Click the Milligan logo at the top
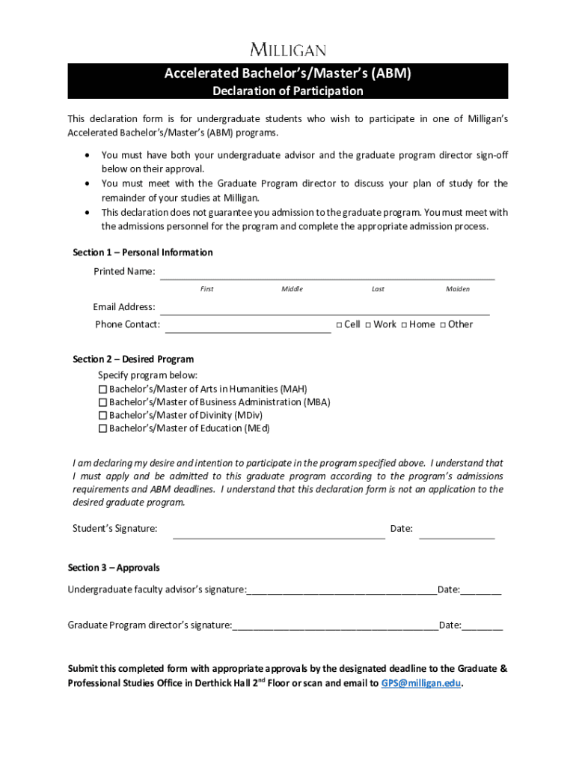pos(288,50)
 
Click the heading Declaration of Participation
pos(288,91)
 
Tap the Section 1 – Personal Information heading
pos(142,252)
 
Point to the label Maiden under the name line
pos(457,289)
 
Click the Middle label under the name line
pos(292,289)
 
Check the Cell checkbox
pos(339,325)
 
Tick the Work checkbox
pos(368,325)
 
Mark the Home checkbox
pos(404,325)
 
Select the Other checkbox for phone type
pos(443,325)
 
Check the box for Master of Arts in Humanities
pos(103,389)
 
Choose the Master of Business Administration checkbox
pos(103,402)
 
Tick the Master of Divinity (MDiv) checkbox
pos(103,416)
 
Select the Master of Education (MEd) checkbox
pos(103,429)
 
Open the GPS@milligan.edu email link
pos(421,683)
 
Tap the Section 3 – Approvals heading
pos(114,568)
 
